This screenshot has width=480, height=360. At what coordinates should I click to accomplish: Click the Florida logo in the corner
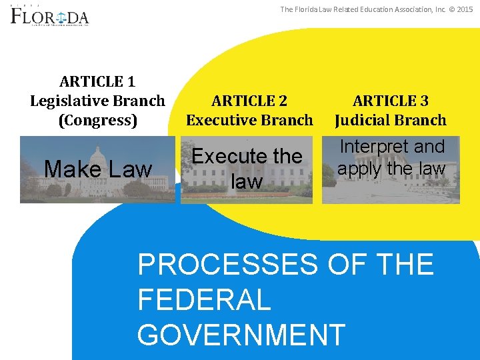coord(49,15)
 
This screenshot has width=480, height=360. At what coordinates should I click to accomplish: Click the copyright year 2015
coord(464,9)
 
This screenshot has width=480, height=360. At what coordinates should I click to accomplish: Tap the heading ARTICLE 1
coord(97,82)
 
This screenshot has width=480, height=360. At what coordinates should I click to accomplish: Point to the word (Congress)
coord(97,121)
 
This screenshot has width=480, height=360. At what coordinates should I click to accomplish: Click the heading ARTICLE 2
coord(249,101)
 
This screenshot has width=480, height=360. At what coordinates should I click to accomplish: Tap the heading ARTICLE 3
coord(391,101)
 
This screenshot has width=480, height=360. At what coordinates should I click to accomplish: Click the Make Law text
coord(97,169)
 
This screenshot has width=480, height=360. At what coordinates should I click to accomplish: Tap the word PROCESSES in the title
coord(228,265)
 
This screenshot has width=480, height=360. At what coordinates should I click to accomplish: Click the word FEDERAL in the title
coord(204,299)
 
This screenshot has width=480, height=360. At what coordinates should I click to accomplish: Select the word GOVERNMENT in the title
coord(241,334)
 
